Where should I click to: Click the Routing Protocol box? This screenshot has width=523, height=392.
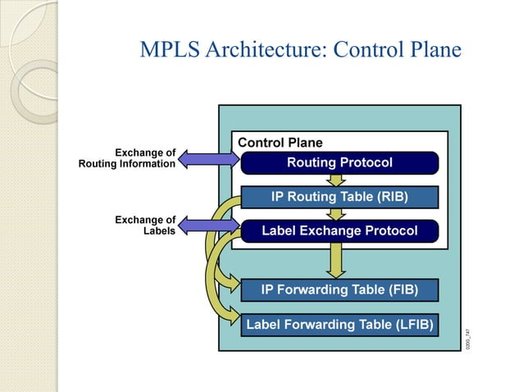tap(339, 162)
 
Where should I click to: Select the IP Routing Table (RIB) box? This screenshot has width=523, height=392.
tap(339, 197)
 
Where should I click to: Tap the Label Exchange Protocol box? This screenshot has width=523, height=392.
tap(339, 231)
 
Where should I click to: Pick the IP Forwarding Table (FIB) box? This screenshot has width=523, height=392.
tap(339, 289)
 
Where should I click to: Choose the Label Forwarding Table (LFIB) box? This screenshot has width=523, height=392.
tap(339, 324)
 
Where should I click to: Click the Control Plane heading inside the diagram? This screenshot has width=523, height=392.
tap(280, 143)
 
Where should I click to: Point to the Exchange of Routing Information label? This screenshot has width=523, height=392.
tap(127, 157)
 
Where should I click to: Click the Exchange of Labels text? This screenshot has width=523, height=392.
tap(145, 225)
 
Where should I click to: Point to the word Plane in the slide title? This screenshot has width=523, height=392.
tap(434, 49)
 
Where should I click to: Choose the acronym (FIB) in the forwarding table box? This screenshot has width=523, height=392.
tap(400, 289)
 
